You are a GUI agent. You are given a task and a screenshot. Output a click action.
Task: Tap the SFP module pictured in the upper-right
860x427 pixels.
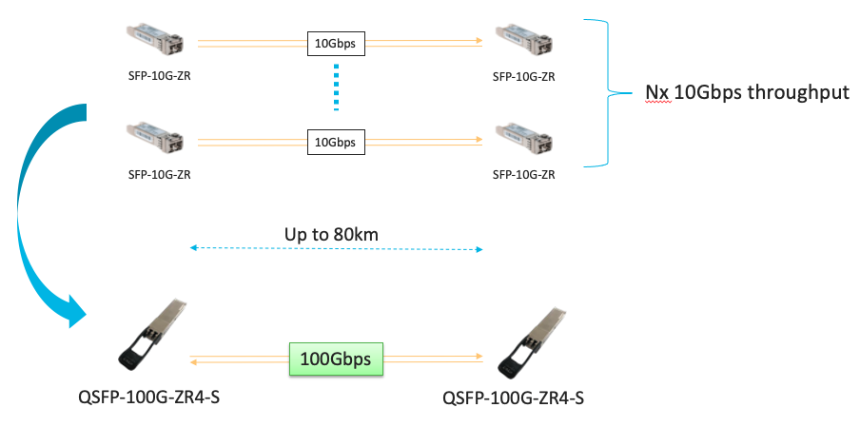pos(523,39)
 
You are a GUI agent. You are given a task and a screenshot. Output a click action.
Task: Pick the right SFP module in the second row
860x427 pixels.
pos(523,137)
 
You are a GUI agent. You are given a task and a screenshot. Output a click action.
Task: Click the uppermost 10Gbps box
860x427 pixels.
pos(335,42)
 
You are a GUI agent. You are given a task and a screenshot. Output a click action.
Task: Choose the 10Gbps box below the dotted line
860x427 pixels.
pos(335,142)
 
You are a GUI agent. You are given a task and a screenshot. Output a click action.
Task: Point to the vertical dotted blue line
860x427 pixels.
pos(336,91)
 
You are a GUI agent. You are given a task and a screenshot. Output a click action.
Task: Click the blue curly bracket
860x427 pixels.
pos(601,92)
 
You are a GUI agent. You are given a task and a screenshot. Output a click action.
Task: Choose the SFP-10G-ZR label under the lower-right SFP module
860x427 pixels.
pos(523,175)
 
